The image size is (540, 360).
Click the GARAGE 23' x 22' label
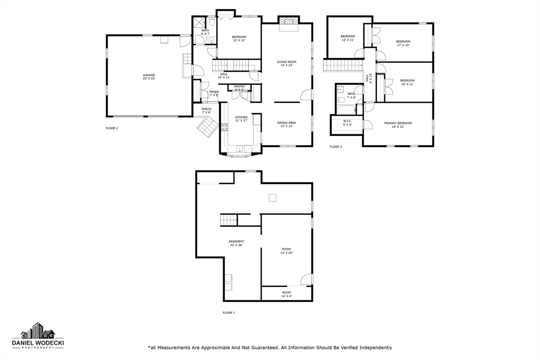coord(149,76)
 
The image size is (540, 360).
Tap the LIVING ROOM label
coord(286,63)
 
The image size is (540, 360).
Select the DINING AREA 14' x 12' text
coord(286,124)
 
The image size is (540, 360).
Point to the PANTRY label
coord(239,88)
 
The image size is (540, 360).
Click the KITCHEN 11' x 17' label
coord(241,119)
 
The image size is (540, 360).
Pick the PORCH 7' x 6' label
coord(206,111)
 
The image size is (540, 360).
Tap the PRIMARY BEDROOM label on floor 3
coord(398,124)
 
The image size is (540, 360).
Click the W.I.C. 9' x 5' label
coord(347,123)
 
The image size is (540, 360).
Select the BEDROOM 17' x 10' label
coord(403,43)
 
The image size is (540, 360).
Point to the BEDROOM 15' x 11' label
coord(407,82)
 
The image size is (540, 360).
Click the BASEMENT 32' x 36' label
coord(236,243)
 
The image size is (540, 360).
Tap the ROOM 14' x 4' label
coord(286,294)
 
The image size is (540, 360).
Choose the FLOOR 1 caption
coord(228,313)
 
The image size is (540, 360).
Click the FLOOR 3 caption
coord(335,147)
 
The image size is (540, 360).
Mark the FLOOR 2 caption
coord(112,128)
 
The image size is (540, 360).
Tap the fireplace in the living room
coord(288,22)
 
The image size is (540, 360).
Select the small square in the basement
coord(273,198)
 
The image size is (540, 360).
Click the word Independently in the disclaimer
coord(372,347)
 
